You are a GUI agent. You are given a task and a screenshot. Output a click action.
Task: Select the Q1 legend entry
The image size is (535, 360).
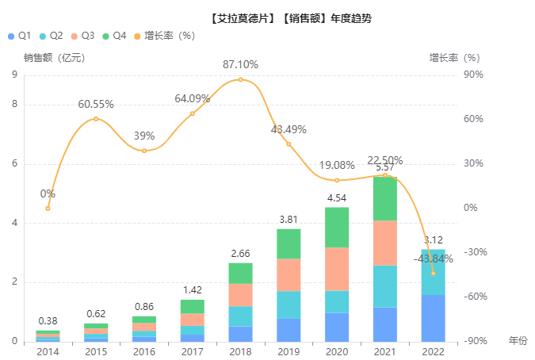coord(19,36)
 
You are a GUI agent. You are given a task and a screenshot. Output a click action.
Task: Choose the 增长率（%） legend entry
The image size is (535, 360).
coord(163,36)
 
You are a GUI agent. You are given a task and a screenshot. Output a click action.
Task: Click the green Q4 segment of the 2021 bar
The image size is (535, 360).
coord(385,198)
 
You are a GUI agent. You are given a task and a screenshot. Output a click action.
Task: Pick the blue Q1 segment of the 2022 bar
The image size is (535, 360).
coord(433,318)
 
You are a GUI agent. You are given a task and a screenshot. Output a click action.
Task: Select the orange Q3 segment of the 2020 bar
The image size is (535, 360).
coord(337,269)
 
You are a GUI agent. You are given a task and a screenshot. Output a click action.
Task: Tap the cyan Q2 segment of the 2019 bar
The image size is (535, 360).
coord(289,304)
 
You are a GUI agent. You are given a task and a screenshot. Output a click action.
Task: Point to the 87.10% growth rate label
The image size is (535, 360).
coord(240,65)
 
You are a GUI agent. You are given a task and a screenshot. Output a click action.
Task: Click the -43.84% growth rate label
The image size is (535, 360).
coord(434,259)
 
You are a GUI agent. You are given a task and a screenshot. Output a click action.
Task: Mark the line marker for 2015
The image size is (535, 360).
coord(96,119)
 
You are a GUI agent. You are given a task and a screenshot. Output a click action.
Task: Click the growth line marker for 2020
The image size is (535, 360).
coord(337,180)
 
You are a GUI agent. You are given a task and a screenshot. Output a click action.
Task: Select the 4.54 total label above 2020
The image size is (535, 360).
coord(337,198)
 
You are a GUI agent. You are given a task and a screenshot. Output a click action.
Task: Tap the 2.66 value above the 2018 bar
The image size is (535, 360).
coord(240,254)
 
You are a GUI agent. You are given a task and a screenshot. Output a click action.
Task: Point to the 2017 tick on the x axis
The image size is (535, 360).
coord(193,351)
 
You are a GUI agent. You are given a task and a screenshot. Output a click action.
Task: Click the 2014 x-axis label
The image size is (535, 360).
coord(48,351)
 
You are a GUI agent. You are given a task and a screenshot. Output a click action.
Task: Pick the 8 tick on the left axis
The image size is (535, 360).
coord(14,105)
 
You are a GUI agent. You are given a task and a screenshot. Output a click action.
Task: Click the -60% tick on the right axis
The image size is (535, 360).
coord(473,297)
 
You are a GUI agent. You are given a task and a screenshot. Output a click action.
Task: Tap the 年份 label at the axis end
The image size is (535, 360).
coord(517,340)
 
